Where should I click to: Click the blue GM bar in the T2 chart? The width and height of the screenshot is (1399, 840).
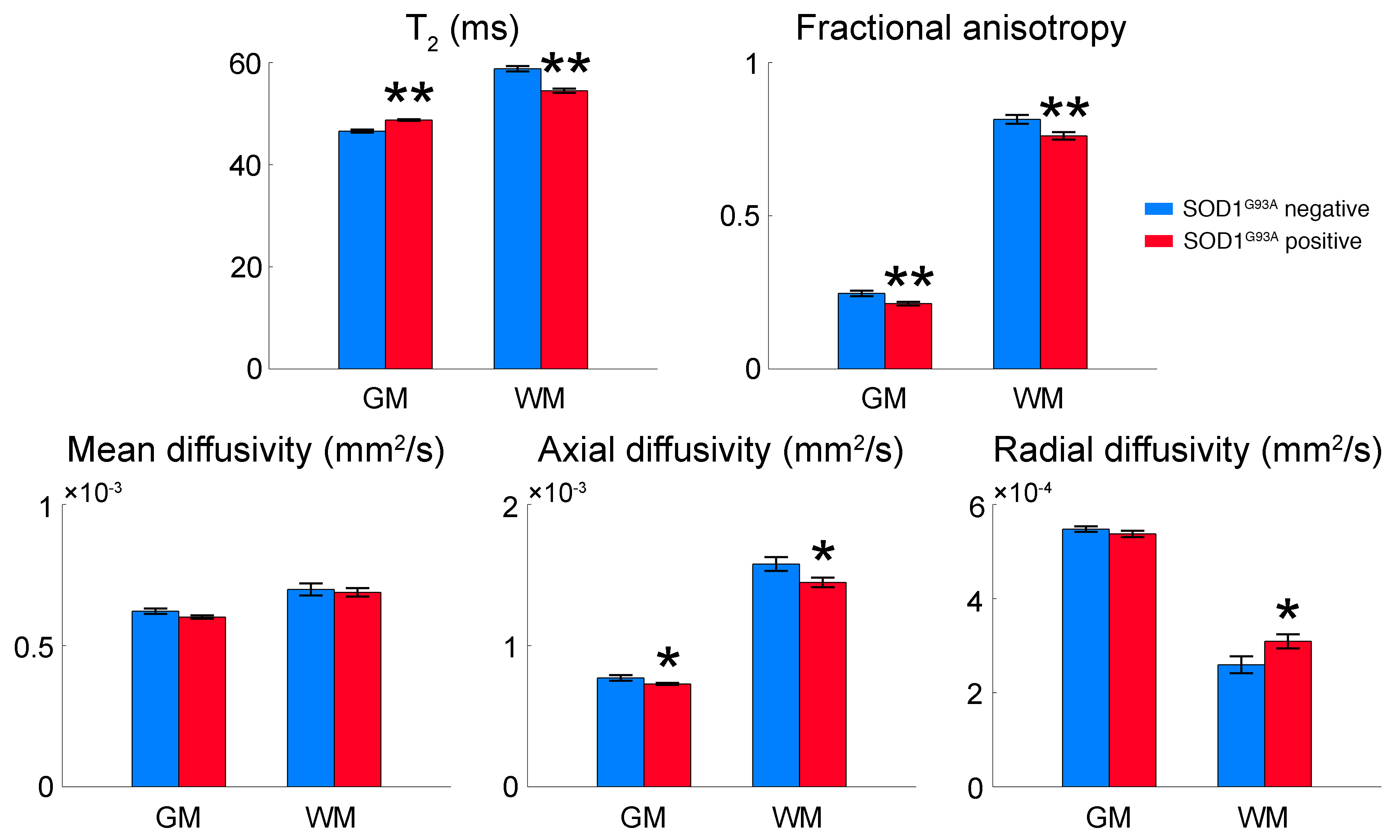pyautogui.click(x=362, y=249)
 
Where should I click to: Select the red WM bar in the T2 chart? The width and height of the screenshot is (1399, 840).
pyautogui.click(x=564, y=229)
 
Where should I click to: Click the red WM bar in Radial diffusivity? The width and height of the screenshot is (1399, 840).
pyautogui.click(x=1287, y=713)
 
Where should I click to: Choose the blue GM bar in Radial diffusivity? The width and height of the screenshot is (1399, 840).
pyautogui.click(x=1085, y=657)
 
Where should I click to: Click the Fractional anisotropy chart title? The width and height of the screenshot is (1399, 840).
pyautogui.click(x=961, y=28)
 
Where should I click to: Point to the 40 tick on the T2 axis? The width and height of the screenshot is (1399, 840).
pyautogui.click(x=245, y=166)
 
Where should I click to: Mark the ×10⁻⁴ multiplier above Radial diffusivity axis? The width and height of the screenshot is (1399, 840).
pyautogui.click(x=1022, y=492)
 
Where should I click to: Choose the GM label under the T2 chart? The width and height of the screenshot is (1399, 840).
pyautogui.click(x=385, y=399)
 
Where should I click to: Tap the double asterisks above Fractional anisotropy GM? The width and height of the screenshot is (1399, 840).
pyautogui.click(x=909, y=278)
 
